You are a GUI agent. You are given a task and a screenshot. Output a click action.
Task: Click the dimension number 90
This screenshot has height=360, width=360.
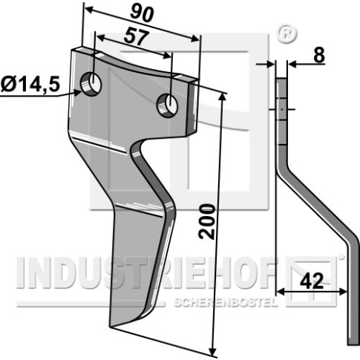pos(142,13)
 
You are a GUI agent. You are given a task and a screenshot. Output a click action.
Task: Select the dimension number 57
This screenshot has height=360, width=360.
pos(137,37)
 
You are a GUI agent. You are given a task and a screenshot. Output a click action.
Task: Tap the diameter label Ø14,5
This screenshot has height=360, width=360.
pos(30,84)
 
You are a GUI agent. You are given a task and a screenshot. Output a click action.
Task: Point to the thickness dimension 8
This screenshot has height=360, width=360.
pos(319,55)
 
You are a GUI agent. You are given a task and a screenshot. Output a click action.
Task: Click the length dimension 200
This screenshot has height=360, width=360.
pos(207,221)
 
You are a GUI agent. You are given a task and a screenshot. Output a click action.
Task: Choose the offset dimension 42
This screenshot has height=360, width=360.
pos(312,281)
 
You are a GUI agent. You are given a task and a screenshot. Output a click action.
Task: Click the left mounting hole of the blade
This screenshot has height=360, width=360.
pos(91,84)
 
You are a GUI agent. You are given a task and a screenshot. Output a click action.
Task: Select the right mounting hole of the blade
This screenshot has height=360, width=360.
pos(167,105)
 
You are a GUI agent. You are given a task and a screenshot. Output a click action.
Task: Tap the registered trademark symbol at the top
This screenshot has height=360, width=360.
pos(287,33)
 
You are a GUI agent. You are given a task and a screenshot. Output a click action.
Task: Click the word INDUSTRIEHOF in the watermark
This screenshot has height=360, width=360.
pos(146,273)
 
